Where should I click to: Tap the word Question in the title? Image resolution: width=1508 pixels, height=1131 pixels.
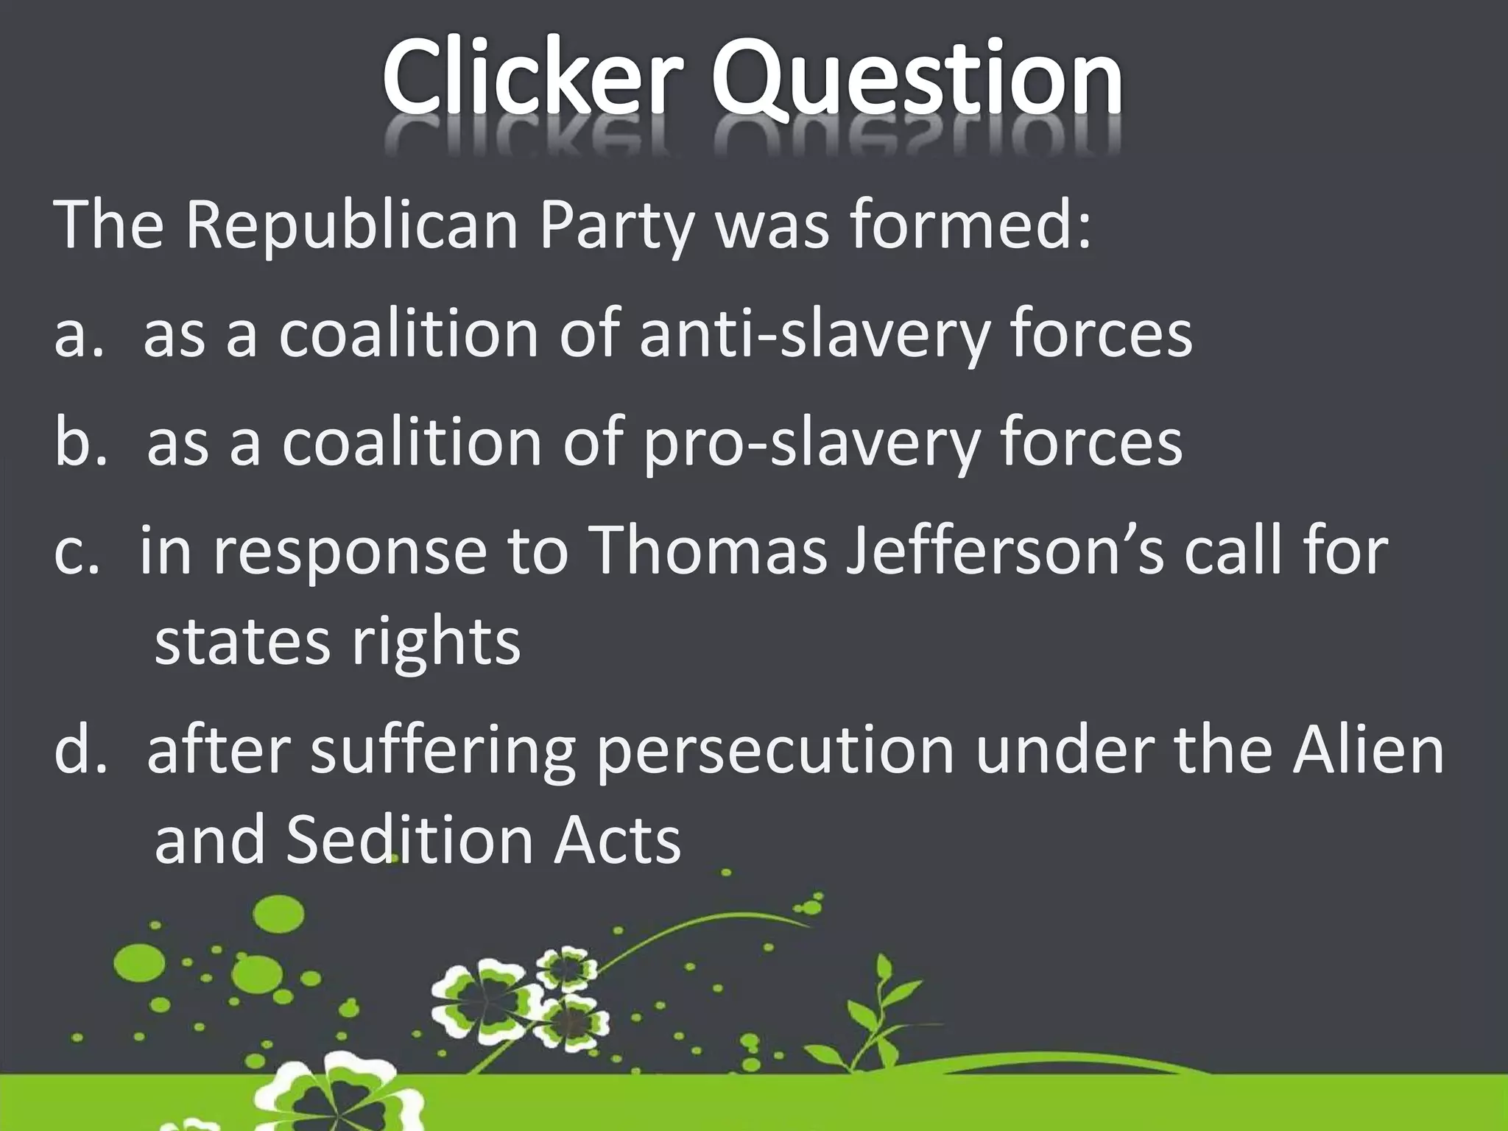point(916,81)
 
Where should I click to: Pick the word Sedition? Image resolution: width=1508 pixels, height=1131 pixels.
point(409,840)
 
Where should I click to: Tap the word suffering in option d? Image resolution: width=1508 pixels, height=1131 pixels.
point(442,753)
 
